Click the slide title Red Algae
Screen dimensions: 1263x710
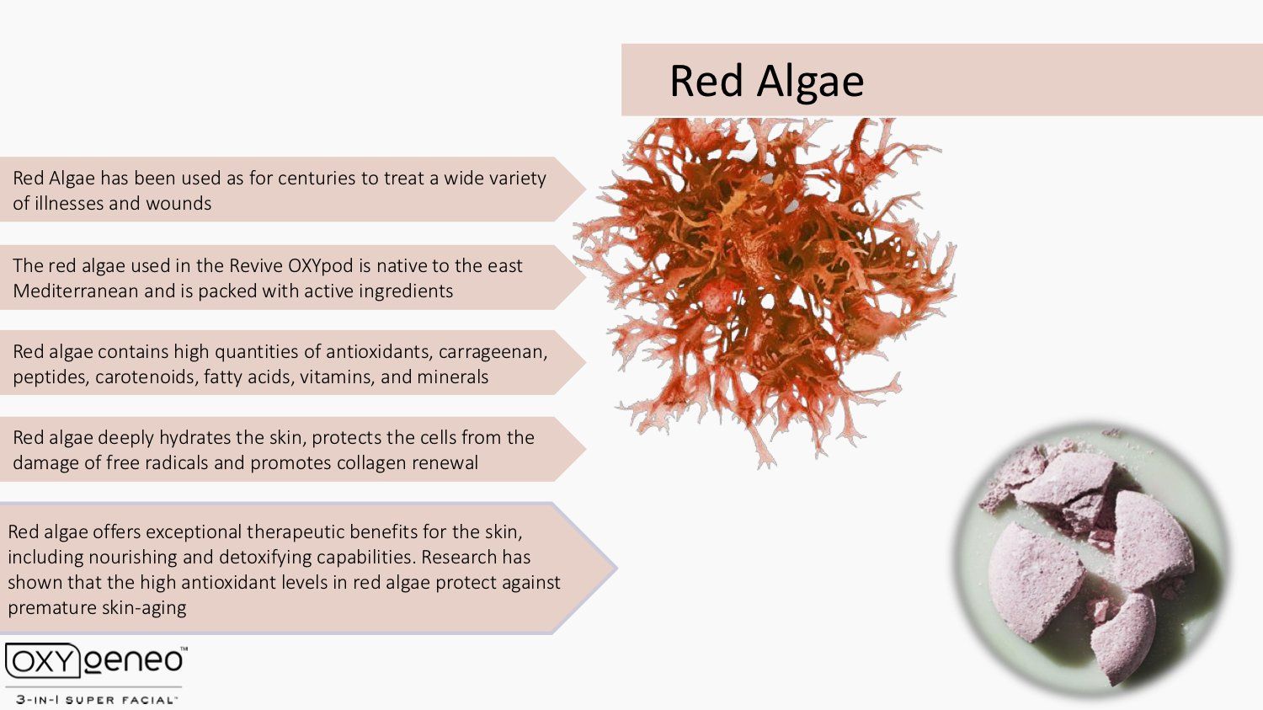pyautogui.click(x=766, y=82)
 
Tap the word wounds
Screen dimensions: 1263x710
pyautogui.click(x=179, y=203)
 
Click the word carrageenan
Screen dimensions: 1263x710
pyautogui.click(x=493, y=352)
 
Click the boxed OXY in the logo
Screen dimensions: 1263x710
pyautogui.click(x=42, y=660)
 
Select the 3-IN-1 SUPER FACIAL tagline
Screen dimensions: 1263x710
pyautogui.click(x=94, y=700)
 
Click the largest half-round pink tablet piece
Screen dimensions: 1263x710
pyautogui.click(x=1036, y=582)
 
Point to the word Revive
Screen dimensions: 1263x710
pyautogui.click(x=255, y=265)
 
